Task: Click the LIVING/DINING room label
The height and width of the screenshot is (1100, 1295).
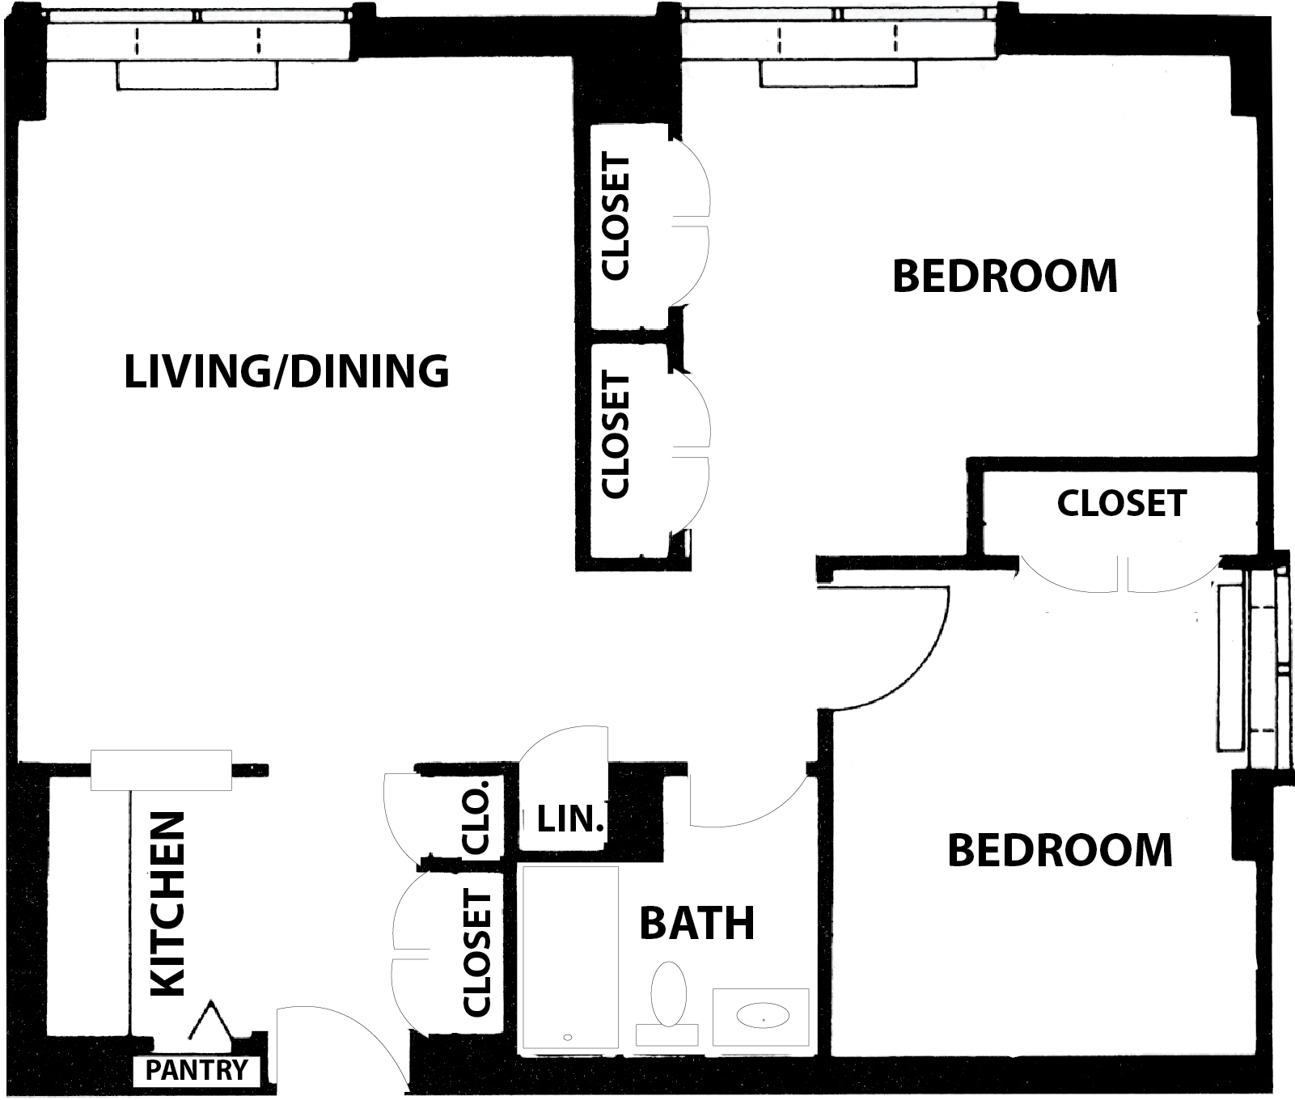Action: tap(286, 371)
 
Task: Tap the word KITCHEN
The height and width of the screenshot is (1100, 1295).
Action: tap(168, 903)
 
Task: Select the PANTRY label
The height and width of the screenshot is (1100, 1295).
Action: tap(197, 1070)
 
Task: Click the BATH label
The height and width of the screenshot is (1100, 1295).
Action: tap(697, 923)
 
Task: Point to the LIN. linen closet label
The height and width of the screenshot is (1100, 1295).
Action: tap(571, 820)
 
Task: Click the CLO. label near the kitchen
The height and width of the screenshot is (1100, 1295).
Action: tap(476, 818)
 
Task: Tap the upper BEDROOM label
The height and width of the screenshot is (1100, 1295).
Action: tap(1005, 276)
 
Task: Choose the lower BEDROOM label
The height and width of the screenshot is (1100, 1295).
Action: tap(1060, 850)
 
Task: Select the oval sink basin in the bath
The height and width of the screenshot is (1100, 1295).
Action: tap(763, 1015)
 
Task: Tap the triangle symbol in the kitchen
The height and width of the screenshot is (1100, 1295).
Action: tap(212, 1021)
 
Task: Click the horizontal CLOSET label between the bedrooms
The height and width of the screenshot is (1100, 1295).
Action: tap(1122, 503)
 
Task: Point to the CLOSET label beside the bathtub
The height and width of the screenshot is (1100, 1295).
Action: tap(477, 953)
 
